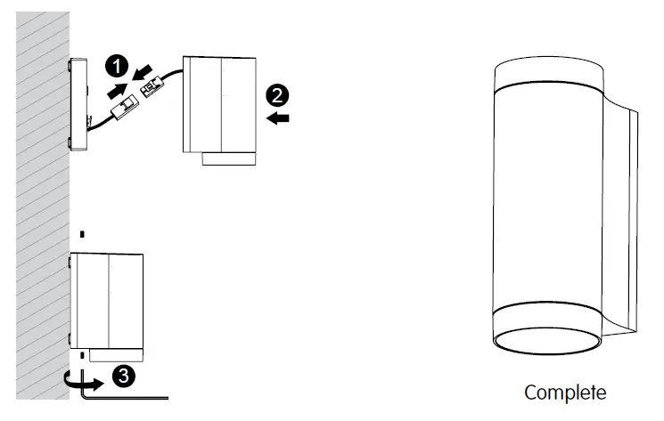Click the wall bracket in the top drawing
pos(78,104)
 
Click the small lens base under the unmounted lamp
pos(228,158)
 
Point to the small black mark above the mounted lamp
pos(82,235)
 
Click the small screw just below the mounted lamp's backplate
pos(82,357)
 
